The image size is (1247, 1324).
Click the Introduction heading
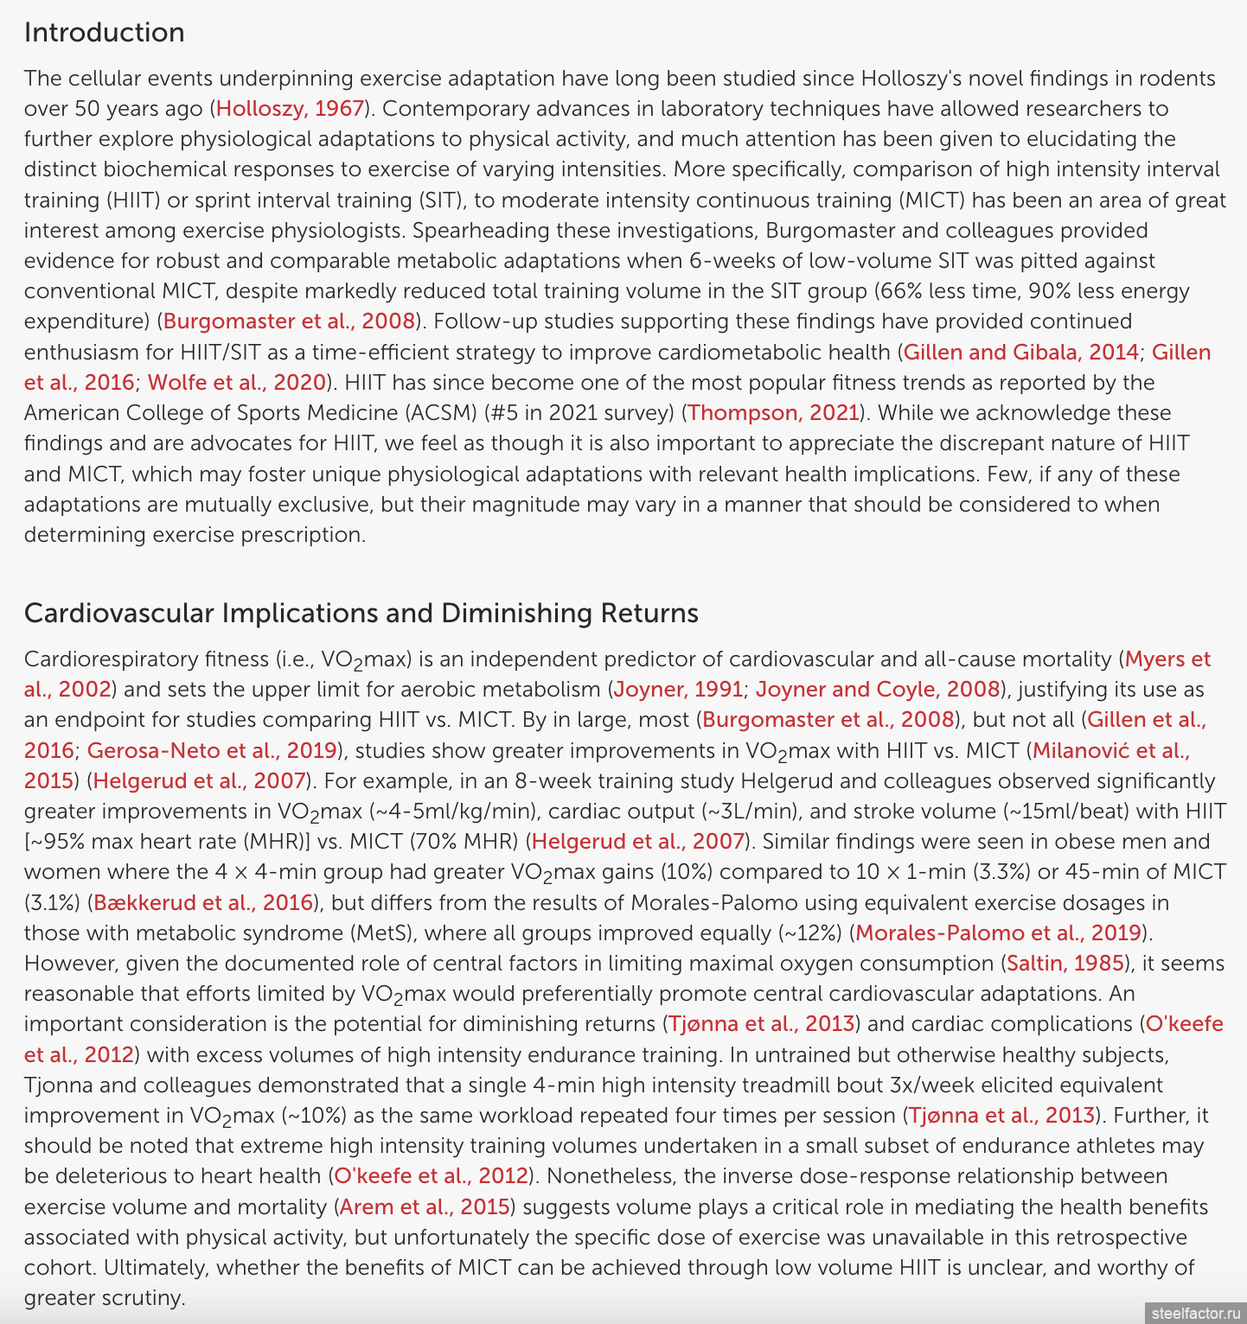pos(104,32)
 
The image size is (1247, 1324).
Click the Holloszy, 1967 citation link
pos(290,109)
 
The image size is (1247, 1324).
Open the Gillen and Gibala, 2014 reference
pos(1020,353)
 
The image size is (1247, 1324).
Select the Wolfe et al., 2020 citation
pos(236,383)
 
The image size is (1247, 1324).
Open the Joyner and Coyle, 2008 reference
pos(877,690)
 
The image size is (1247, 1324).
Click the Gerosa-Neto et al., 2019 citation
pos(212,751)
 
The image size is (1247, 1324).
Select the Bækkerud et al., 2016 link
pos(202,903)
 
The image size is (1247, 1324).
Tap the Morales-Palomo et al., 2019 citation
pos(998,933)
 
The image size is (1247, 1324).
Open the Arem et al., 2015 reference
pos(424,1207)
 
